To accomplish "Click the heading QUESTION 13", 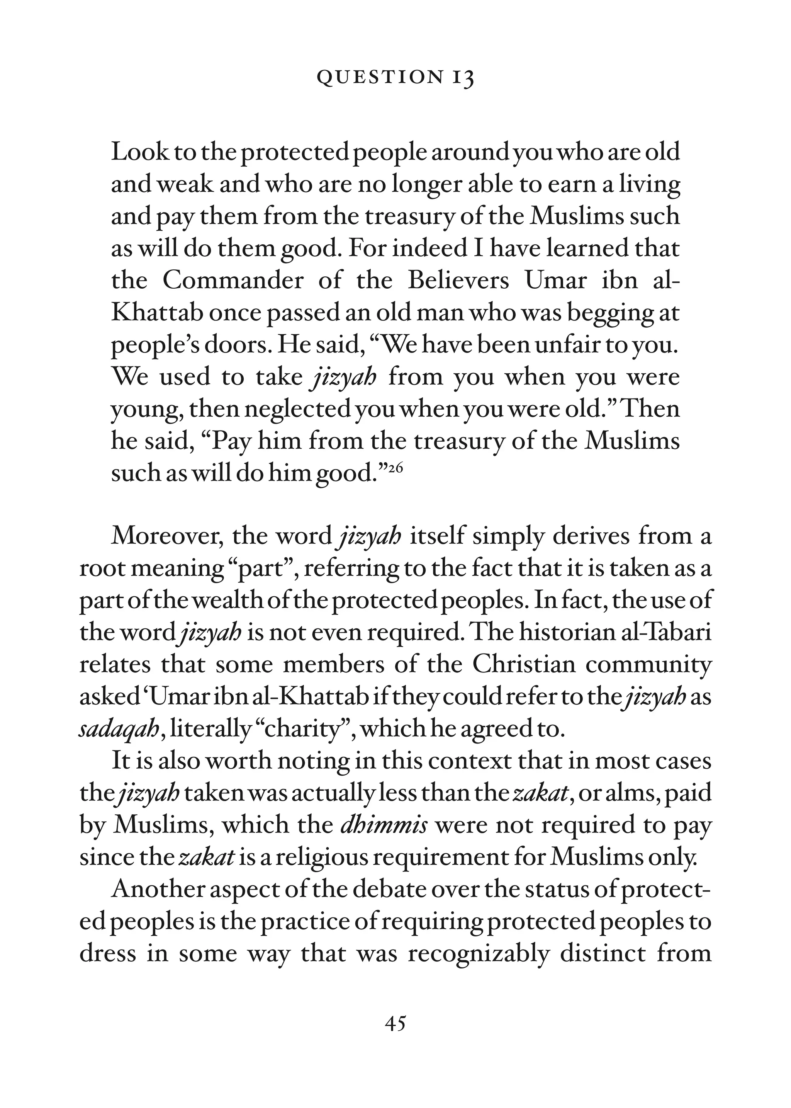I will pyautogui.click(x=395, y=78).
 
